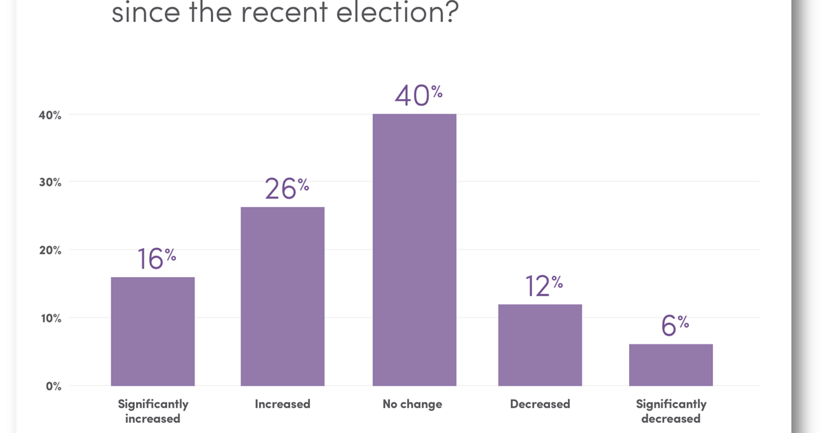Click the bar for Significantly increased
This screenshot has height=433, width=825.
[x=153, y=331]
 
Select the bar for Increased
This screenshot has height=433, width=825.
[x=282, y=296]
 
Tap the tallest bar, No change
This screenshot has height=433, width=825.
[x=415, y=249]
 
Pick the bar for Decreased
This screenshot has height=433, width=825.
[x=540, y=344]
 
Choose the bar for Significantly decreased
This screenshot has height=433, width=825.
[x=671, y=364]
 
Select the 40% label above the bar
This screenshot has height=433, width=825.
[x=419, y=96]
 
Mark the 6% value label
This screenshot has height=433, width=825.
[x=674, y=326]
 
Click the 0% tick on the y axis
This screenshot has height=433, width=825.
[x=53, y=386]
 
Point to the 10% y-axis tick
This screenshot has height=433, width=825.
[x=50, y=318]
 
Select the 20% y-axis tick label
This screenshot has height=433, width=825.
[x=50, y=251]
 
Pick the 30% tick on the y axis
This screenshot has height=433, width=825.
[x=50, y=183]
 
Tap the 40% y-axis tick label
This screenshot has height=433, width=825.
[x=50, y=115]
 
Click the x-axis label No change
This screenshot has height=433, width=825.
[x=412, y=404]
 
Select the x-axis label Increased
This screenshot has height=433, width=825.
[x=283, y=404]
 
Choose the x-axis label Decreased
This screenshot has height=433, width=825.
[x=540, y=404]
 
